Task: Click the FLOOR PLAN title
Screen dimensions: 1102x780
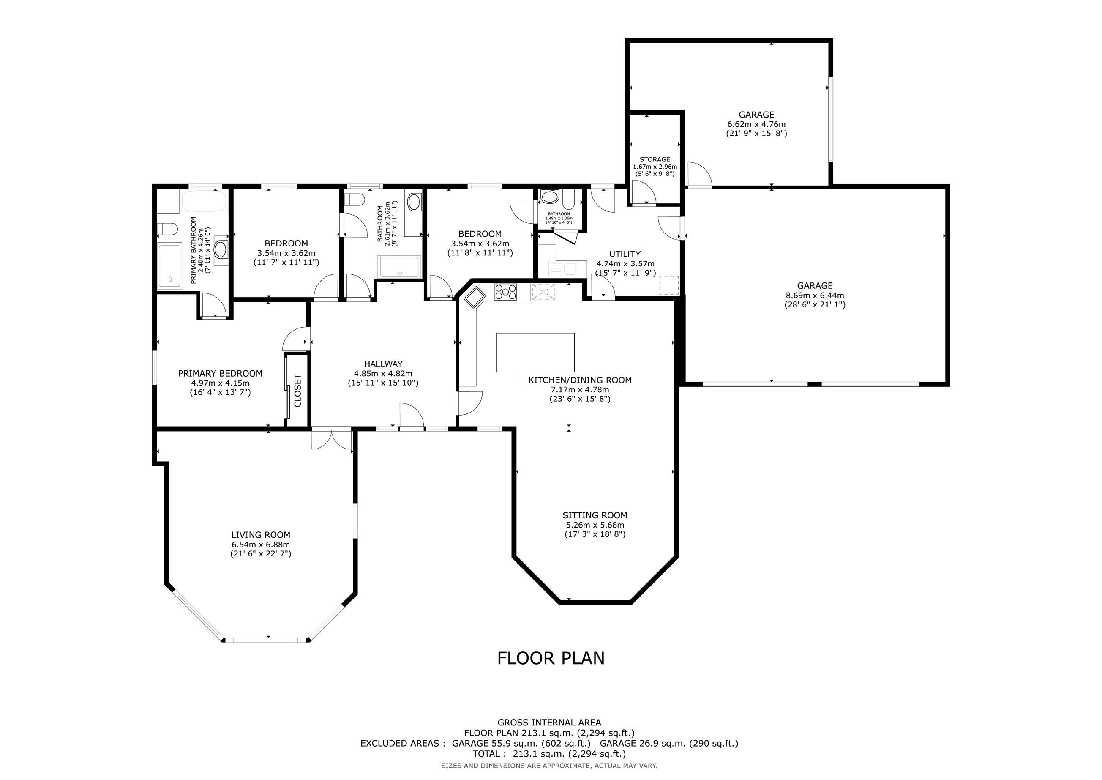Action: tap(551, 658)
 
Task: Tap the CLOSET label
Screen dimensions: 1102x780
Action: tap(297, 391)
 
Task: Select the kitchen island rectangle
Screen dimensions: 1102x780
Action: tap(535, 353)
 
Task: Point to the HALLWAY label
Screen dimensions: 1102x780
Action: tap(383, 364)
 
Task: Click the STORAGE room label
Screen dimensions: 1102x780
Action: tap(655, 159)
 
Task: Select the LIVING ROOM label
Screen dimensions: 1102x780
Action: tap(261, 534)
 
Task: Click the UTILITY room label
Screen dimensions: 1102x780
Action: tap(625, 254)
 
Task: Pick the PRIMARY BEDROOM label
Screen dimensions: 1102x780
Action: tap(220, 373)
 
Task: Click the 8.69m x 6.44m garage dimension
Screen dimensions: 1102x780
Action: tap(815, 296)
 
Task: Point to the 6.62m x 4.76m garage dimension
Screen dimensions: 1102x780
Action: tap(756, 124)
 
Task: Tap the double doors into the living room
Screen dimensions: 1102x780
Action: tap(332, 440)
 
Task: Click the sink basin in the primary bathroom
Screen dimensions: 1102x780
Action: tap(221, 250)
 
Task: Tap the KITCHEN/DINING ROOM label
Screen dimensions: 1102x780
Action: tap(580, 380)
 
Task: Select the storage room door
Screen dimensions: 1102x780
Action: tap(643, 193)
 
